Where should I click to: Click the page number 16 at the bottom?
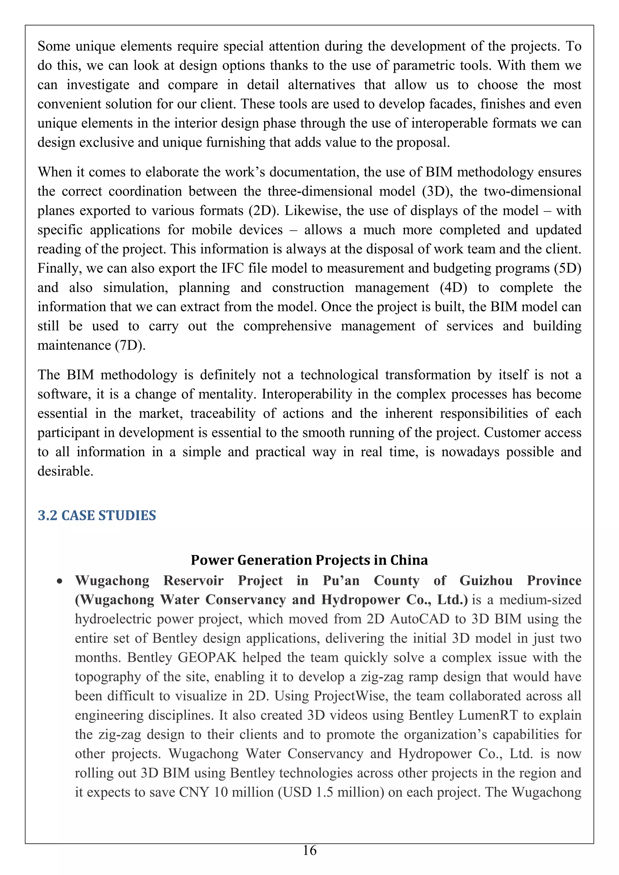[309, 850]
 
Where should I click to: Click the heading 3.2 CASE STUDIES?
[97, 515]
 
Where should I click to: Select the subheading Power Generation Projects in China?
[309, 560]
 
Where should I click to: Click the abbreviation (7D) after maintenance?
[130, 345]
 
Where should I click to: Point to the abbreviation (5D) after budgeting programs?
[568, 268]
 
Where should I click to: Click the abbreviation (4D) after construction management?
[453, 288]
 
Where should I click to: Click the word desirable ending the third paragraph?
[65, 471]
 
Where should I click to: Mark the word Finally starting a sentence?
[59, 268]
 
